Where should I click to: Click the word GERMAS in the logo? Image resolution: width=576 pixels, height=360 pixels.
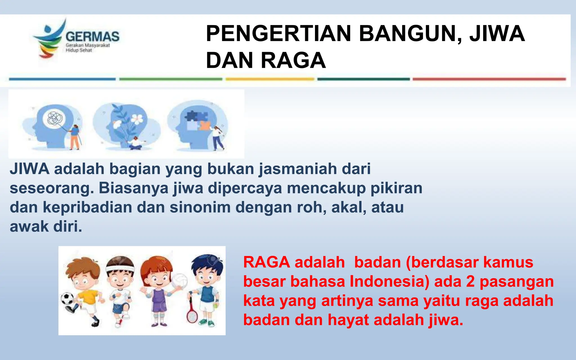pos(92,37)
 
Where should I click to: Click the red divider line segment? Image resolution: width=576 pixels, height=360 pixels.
pos(489,79)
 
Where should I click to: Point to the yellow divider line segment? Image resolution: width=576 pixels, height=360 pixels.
pos(270,79)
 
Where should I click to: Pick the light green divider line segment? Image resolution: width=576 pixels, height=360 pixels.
pos(170,79)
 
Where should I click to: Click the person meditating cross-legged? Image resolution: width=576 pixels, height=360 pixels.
pos(135,143)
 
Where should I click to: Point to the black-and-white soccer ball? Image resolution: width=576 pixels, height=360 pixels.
pos(67,299)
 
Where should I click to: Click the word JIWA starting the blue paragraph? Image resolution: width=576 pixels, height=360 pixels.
pos(30,169)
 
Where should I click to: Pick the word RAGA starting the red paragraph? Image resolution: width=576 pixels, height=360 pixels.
pos(266,262)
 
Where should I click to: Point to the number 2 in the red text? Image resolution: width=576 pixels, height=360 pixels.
pos(471,282)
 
